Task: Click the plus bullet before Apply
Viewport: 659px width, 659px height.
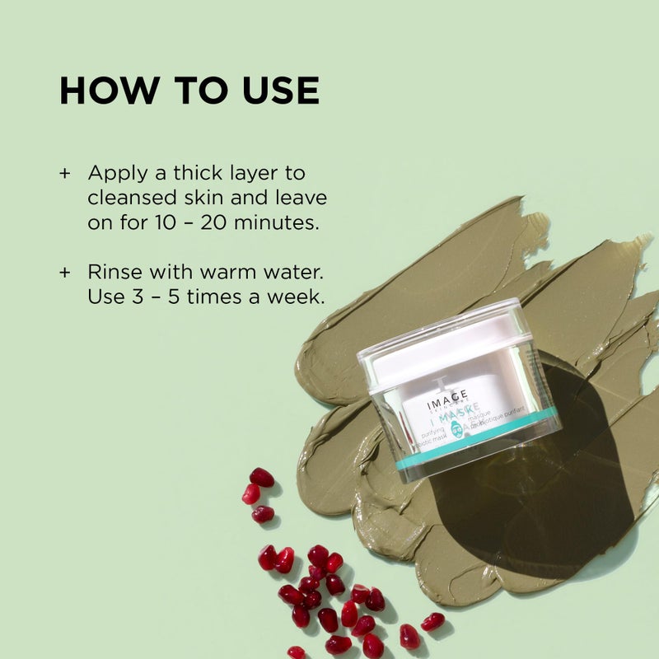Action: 65,175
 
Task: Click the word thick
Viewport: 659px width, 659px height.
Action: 198,174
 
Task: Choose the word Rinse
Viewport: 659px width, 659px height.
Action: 114,271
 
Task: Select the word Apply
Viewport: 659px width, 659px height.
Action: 115,175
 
